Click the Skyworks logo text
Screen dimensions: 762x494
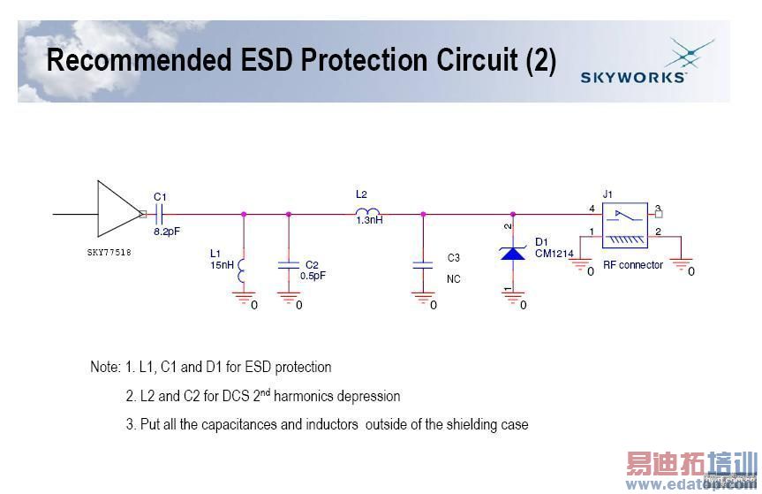[633, 77]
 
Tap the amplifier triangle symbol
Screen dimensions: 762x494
[118, 209]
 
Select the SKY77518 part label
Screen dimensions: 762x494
[109, 253]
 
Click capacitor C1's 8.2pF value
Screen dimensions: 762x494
[167, 232]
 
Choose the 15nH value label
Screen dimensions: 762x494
[223, 265]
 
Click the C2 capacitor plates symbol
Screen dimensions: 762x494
[289, 265]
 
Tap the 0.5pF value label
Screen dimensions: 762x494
[313, 276]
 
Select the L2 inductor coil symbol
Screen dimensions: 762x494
[367, 211]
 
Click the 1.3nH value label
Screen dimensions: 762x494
[369, 220]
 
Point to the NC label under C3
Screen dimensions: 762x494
[454, 279]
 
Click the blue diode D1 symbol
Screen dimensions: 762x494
[513, 253]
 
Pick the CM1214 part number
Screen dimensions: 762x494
[554, 254]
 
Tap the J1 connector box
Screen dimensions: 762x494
[625, 225]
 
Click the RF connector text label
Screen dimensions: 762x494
[633, 265]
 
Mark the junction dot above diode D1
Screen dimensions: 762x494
[513, 214]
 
